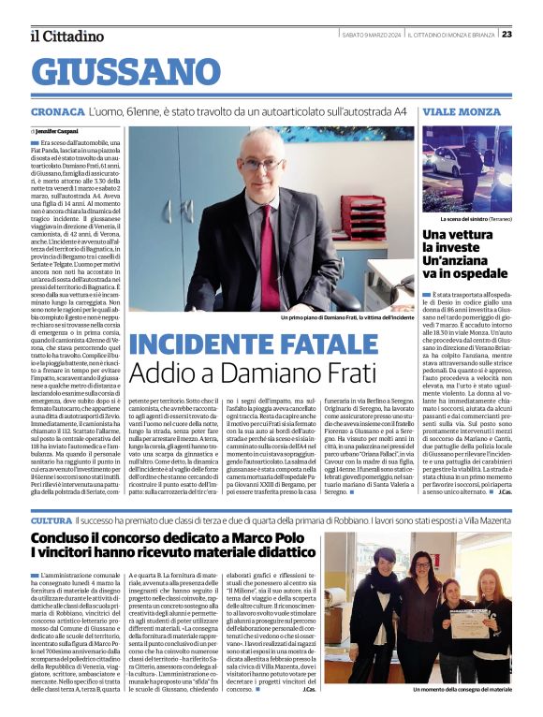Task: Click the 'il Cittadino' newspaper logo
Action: click(66, 36)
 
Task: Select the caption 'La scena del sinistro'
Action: click(463, 218)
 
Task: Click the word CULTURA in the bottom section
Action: click(51, 519)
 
